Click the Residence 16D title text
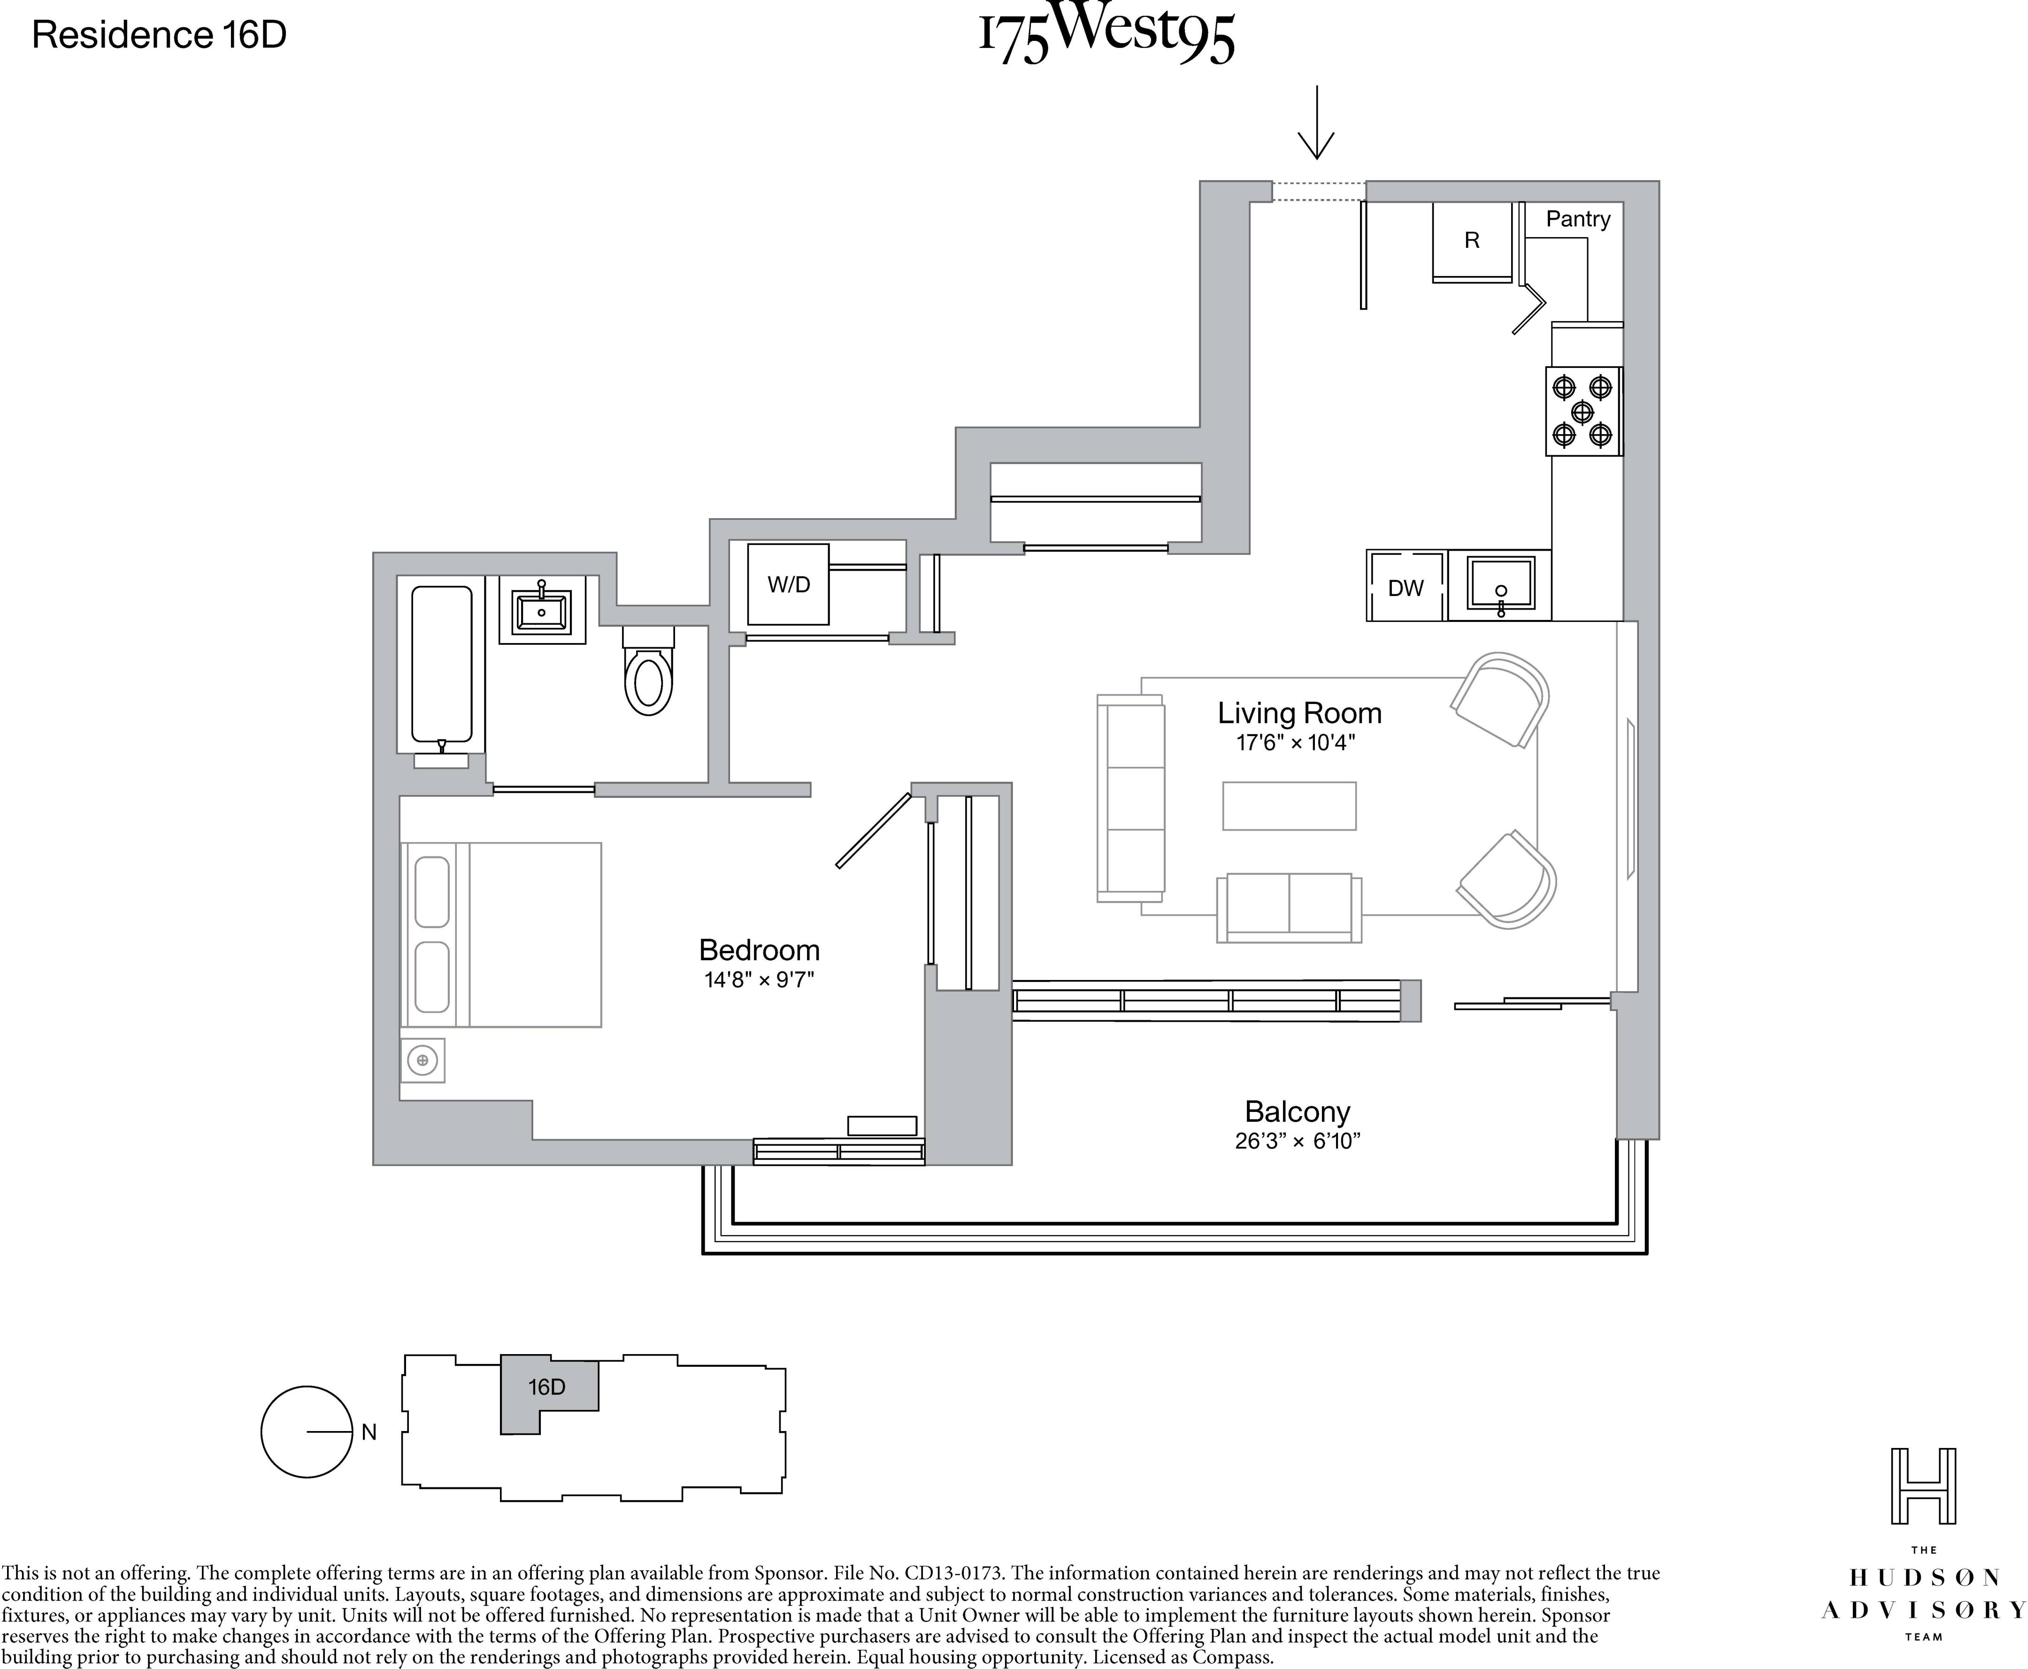point(160,36)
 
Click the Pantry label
point(1577,219)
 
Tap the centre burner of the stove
point(1582,412)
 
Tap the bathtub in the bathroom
point(441,665)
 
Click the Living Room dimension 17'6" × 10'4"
point(1295,742)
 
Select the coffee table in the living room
point(1289,806)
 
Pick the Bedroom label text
point(759,950)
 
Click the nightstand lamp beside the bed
point(422,1060)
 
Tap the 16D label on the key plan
point(546,1386)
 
